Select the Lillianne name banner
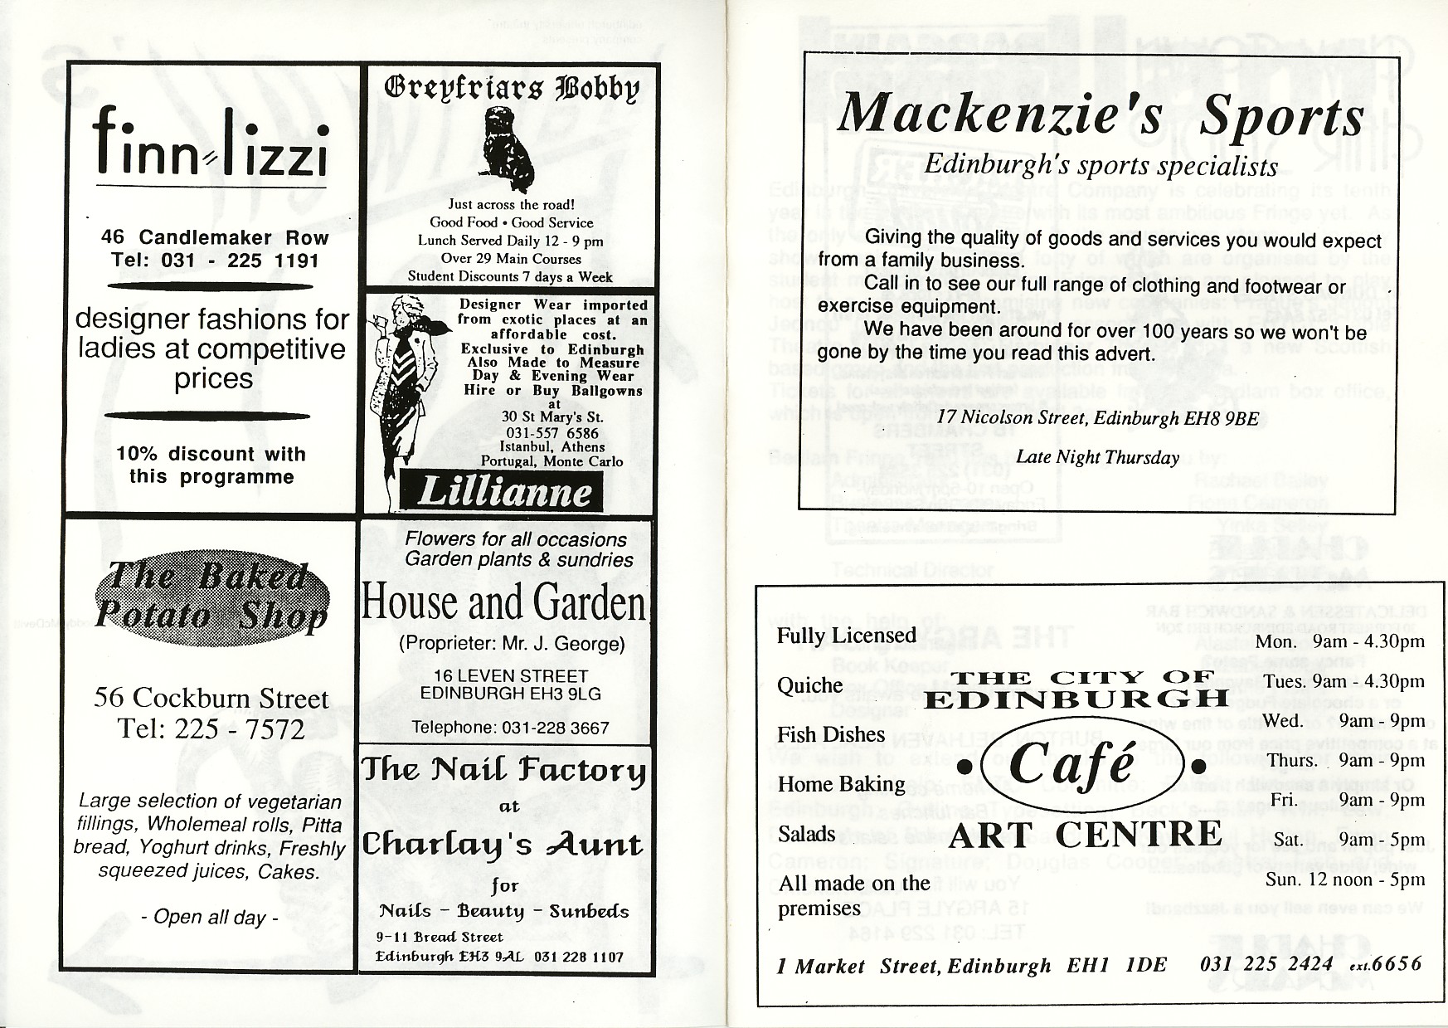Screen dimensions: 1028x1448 tap(503, 492)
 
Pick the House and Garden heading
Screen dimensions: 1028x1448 tap(504, 602)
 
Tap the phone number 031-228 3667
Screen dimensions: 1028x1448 tap(510, 728)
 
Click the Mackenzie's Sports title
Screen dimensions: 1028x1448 tap(1100, 115)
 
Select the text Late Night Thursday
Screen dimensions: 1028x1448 tap(1097, 457)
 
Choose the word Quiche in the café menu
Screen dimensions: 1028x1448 tap(809, 685)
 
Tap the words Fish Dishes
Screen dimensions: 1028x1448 tap(831, 734)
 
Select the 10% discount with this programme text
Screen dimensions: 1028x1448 tap(211, 465)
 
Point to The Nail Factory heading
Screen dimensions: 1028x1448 tap(503, 771)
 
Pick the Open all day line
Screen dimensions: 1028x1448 tap(210, 917)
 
